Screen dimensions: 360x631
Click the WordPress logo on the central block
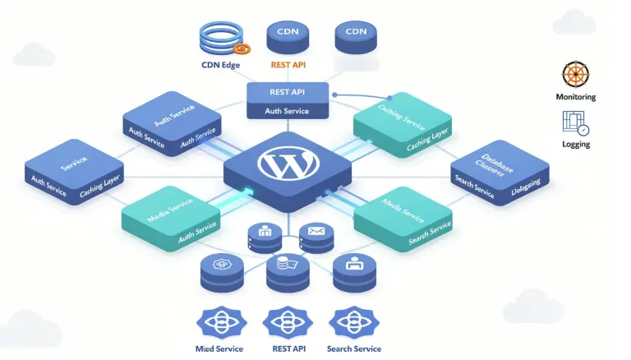click(x=287, y=163)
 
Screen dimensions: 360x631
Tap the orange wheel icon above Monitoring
click(x=575, y=75)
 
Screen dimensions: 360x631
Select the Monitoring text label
click(x=575, y=97)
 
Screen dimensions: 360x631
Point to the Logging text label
click(x=575, y=145)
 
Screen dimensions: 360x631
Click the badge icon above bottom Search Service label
click(x=353, y=321)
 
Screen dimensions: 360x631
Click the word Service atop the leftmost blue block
click(x=73, y=160)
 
